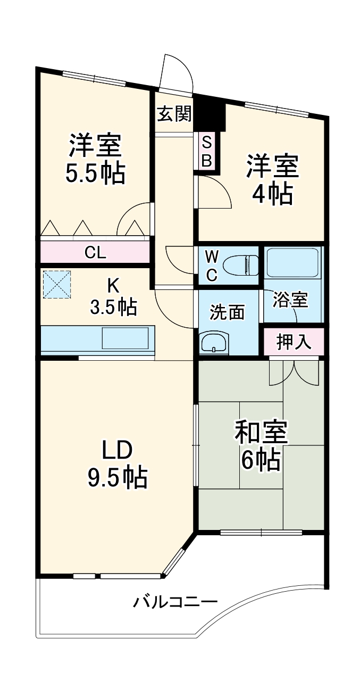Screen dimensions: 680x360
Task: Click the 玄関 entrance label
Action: click(174, 114)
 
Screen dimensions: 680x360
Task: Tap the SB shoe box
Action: click(207, 152)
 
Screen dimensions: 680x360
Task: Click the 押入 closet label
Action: click(294, 342)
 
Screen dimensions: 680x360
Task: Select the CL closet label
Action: click(95, 253)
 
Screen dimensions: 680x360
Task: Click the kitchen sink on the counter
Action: click(125, 338)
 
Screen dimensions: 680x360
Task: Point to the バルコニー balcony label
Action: click(175, 603)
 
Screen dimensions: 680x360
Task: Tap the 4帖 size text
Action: click(272, 195)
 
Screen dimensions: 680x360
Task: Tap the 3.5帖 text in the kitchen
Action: click(113, 307)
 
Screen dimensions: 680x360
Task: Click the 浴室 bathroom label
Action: click(290, 300)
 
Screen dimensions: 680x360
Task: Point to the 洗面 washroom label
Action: click(227, 312)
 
